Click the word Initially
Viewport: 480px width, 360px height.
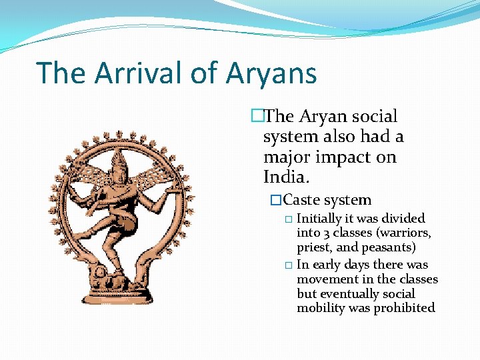(321, 219)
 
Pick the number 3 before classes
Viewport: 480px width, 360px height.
(326, 233)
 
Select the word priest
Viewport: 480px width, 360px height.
(315, 247)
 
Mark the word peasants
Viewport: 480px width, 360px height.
(388, 247)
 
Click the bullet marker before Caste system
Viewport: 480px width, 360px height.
(275, 200)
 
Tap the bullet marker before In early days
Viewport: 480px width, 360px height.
(288, 265)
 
